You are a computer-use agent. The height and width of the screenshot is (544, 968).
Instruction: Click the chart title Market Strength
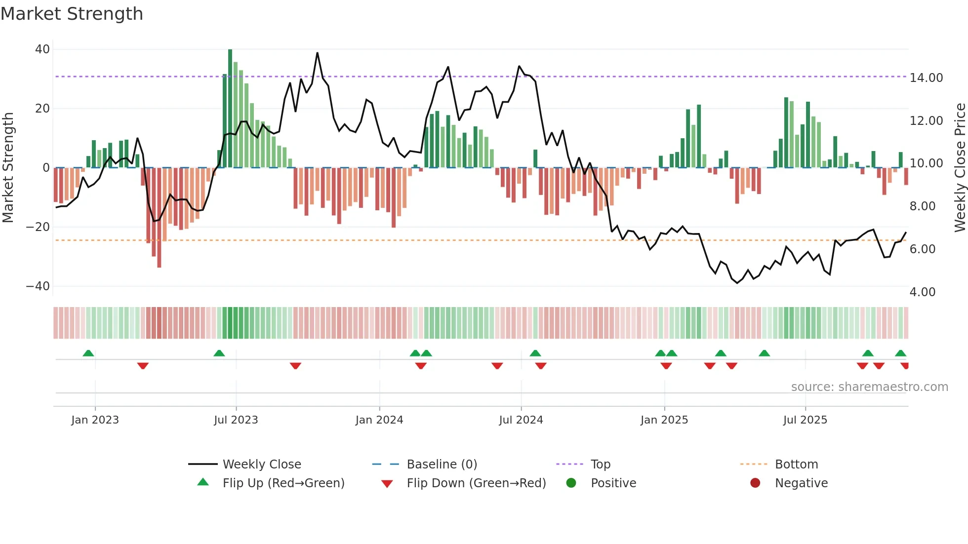click(72, 14)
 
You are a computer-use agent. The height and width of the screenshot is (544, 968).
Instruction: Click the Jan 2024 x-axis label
click(379, 420)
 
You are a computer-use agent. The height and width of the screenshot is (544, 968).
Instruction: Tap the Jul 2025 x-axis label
click(805, 420)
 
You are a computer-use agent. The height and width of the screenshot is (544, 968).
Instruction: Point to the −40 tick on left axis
click(38, 286)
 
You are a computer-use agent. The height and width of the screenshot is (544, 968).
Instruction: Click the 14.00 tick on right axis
click(926, 78)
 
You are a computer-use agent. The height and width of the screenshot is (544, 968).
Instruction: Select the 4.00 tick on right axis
click(923, 292)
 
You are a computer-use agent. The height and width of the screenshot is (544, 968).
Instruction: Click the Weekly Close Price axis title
click(960, 168)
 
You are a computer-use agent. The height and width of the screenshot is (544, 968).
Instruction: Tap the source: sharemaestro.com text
click(869, 387)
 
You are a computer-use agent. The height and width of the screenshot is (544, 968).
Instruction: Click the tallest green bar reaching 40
click(230, 109)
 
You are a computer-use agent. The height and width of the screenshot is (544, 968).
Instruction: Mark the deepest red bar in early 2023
click(159, 217)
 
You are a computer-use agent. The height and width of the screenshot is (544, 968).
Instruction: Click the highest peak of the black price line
click(317, 53)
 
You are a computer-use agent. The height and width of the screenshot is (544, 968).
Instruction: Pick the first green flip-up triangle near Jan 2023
click(88, 353)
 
